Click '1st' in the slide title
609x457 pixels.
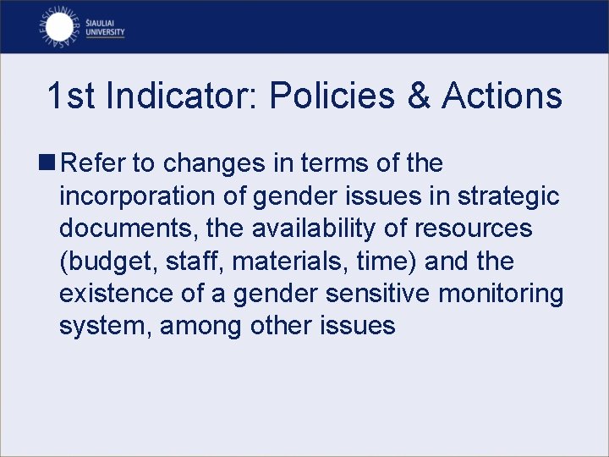pos(71,96)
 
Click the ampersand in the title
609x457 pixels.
pos(419,96)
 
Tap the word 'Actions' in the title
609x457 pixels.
pos(502,96)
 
